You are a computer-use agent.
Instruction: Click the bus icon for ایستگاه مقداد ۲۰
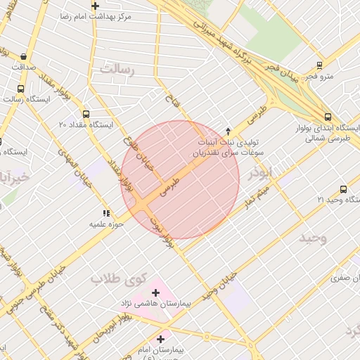pos(86,114)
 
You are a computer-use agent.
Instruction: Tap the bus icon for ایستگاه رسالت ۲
pos(20,89)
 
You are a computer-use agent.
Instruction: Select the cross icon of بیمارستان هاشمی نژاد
pos(155,292)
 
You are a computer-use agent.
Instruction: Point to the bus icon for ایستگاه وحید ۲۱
pos(343,189)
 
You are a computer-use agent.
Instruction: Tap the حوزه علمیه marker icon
pos(106,213)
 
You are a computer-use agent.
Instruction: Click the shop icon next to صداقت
pos(25,56)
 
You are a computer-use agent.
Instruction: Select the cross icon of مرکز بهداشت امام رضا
pos(95,6)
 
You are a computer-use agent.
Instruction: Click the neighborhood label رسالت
pos(116,69)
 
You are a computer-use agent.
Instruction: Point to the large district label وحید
pos(312,238)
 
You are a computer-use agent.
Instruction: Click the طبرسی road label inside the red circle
pos(170,186)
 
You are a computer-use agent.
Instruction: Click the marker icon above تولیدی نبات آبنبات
pos(227,131)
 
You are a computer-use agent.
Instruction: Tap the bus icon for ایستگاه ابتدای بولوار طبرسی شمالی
pos(328,117)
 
